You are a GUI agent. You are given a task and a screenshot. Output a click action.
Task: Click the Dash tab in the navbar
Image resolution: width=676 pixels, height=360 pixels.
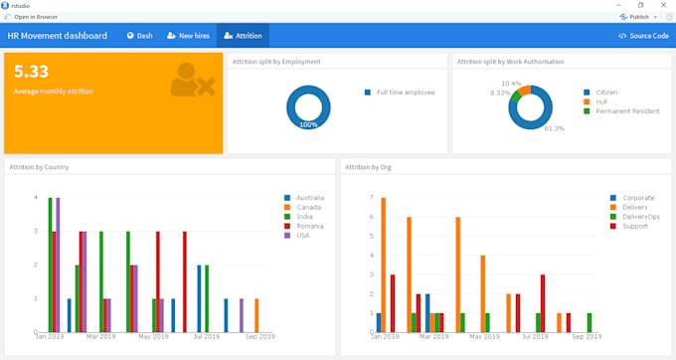pos(139,36)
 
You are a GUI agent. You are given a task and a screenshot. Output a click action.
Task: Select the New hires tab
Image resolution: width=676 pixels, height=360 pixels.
pos(188,36)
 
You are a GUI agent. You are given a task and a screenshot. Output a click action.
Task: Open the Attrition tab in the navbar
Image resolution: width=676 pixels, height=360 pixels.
pos(243,36)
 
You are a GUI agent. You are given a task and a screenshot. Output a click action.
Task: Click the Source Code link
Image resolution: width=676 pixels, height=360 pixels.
pos(643,36)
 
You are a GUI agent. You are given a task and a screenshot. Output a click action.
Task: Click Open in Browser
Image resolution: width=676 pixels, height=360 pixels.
pos(34,17)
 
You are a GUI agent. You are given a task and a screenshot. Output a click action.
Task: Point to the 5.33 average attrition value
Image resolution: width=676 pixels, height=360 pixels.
pos(31,72)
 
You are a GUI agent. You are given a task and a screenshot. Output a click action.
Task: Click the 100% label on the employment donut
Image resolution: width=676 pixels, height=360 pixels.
pos(308,125)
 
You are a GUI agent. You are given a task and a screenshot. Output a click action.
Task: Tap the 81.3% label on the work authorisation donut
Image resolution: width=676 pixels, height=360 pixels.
pos(554,128)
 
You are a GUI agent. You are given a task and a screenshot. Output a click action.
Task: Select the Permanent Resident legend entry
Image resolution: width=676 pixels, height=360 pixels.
pos(626,111)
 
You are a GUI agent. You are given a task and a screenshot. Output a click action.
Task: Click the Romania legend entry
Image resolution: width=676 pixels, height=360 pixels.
pos(310,227)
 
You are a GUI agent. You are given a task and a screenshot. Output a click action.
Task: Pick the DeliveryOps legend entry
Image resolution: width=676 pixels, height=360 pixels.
pos(640,217)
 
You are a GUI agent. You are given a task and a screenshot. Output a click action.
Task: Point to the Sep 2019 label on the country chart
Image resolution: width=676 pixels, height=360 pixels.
pos(259,337)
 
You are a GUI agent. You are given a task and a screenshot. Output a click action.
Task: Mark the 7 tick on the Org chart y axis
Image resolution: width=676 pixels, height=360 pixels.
pos(371,198)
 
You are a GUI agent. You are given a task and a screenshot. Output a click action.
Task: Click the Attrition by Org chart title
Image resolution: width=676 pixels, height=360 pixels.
pos(368,167)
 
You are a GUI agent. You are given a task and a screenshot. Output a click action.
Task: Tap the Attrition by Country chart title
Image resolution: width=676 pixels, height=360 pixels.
pos(39,167)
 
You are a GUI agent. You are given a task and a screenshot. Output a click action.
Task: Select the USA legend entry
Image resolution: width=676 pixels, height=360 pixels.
pos(304,236)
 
